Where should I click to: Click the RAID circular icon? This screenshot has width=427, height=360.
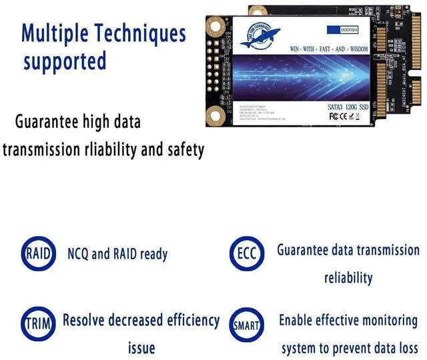tap(35, 253)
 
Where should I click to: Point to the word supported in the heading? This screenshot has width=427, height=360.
tap(65, 61)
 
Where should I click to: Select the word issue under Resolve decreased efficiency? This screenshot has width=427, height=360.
tap(141, 348)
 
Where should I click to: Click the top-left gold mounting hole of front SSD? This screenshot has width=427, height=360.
tap(215, 27)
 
